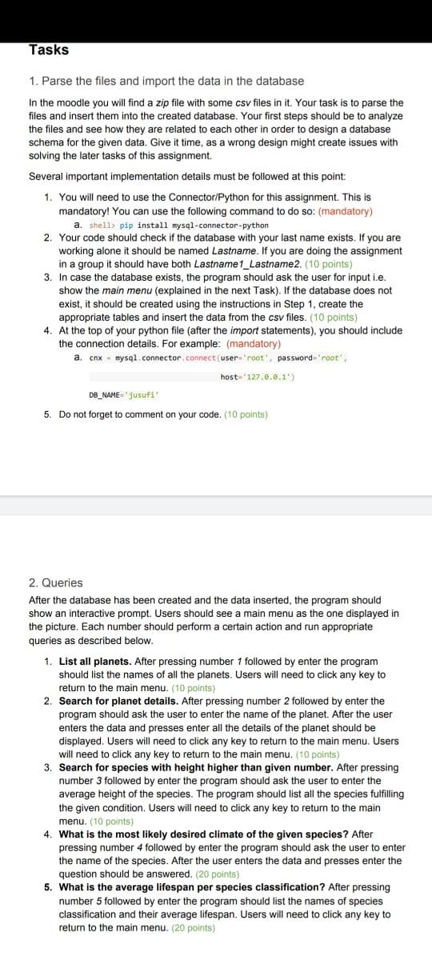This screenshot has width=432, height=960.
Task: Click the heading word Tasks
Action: pyautogui.click(x=49, y=50)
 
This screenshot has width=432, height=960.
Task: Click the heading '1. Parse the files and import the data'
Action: pyautogui.click(x=166, y=81)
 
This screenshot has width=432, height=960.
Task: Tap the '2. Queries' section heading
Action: pyautogui.click(x=55, y=583)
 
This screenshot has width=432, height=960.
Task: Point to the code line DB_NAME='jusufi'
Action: pyautogui.click(x=124, y=394)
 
